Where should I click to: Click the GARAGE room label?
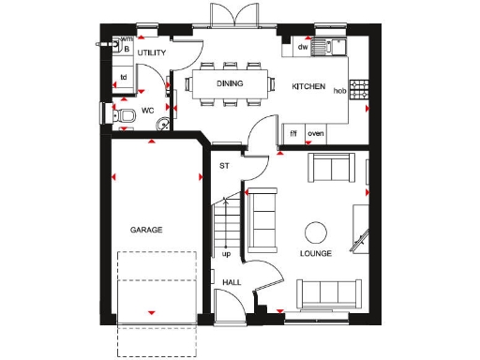[x=146, y=230]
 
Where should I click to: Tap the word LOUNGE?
[x=315, y=254]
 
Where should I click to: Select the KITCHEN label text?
[x=307, y=87]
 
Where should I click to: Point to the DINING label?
[x=231, y=83]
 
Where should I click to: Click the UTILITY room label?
[x=152, y=53]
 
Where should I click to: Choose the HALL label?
[x=231, y=281]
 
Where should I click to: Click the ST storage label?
[x=224, y=166]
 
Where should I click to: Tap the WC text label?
[x=147, y=112]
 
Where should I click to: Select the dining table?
[x=231, y=83]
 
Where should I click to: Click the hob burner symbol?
[x=358, y=89]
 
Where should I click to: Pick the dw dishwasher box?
[x=303, y=46]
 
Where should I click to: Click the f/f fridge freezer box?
[x=293, y=133]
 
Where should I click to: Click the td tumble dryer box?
[x=122, y=77]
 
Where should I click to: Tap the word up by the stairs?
[x=226, y=253]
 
